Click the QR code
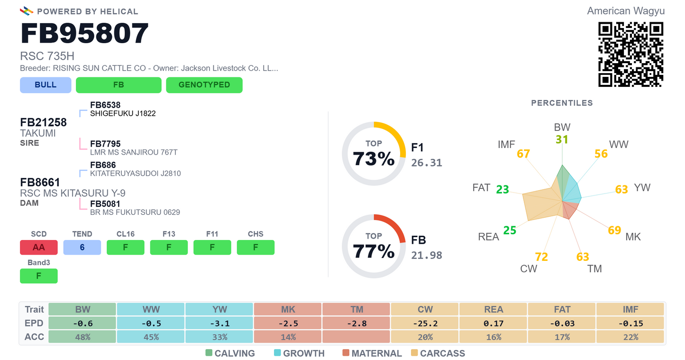click(630, 55)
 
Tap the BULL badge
click(46, 85)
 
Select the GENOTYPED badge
click(204, 85)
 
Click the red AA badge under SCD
click(39, 247)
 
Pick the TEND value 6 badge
click(82, 247)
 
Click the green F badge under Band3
click(39, 276)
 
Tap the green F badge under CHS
click(256, 247)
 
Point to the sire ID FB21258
click(44, 122)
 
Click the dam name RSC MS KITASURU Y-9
click(73, 193)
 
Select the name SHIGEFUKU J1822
click(123, 113)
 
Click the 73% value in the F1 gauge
click(374, 159)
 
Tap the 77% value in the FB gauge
click(374, 251)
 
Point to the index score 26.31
click(427, 163)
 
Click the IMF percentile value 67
click(523, 154)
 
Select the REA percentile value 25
click(510, 230)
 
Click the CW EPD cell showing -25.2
click(425, 323)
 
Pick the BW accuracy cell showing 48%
click(82, 337)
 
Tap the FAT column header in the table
click(562, 309)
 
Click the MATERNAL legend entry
click(372, 353)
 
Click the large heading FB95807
click(84, 33)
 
